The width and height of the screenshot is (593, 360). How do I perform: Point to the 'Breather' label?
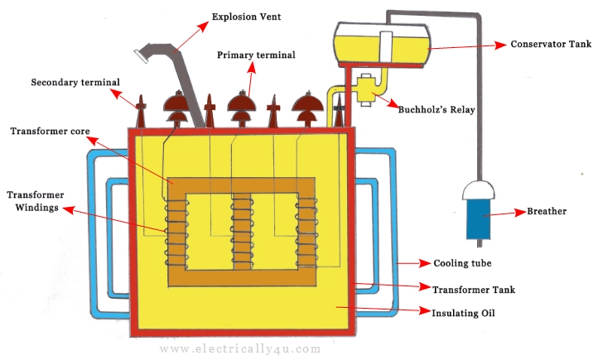click(x=547, y=212)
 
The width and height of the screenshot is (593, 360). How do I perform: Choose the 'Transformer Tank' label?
click(x=473, y=289)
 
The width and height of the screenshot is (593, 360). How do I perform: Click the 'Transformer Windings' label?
click(x=33, y=202)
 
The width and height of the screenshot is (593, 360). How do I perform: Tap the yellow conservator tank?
click(x=381, y=43)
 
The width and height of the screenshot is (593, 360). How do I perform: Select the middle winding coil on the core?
click(x=242, y=228)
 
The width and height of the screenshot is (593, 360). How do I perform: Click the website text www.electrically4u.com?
click(x=239, y=349)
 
